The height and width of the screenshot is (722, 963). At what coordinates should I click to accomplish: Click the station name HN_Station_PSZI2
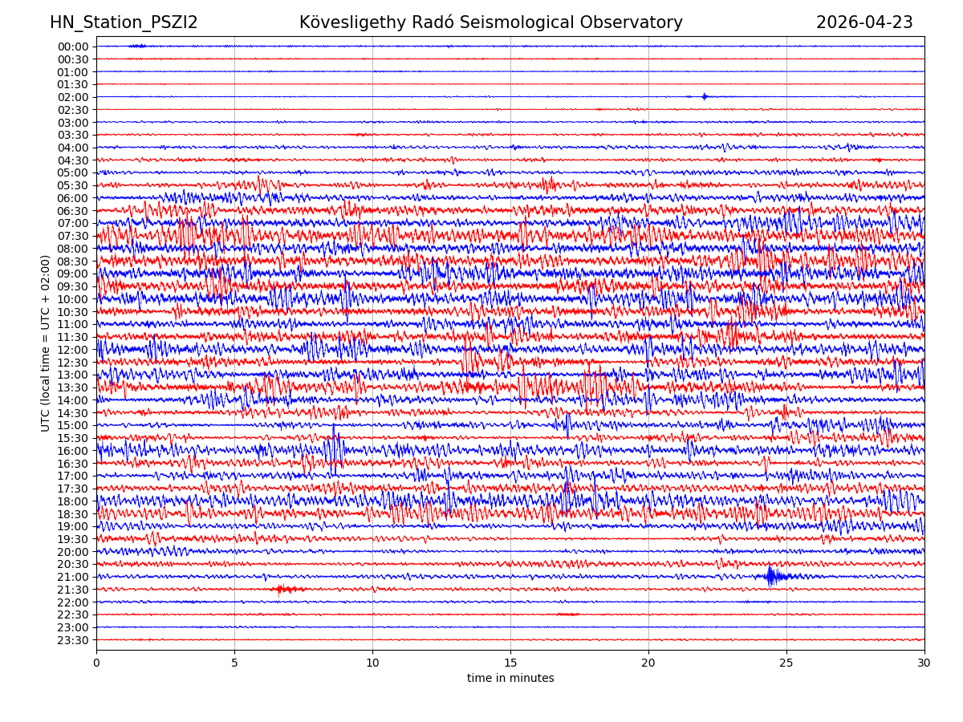(x=124, y=22)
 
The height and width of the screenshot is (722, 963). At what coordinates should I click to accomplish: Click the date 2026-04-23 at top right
(x=864, y=22)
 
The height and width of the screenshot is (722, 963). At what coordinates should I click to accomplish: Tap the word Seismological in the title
(x=512, y=22)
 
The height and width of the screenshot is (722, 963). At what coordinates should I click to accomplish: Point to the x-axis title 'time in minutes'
(x=510, y=678)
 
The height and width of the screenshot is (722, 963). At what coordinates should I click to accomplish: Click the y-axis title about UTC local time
(x=46, y=343)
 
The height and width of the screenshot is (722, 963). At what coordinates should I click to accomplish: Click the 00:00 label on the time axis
(x=73, y=47)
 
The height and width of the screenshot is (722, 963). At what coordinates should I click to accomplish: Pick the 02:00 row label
(x=73, y=97)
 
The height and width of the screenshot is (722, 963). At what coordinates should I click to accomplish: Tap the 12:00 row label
(x=73, y=350)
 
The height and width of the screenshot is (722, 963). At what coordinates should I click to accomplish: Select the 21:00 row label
(x=73, y=577)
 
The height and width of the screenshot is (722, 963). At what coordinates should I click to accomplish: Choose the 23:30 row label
(x=73, y=640)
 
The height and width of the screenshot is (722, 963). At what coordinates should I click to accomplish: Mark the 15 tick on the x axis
(x=510, y=663)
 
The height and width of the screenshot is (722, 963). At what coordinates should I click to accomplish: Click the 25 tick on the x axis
(x=786, y=663)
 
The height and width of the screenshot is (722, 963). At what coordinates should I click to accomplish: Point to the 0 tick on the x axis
(x=96, y=663)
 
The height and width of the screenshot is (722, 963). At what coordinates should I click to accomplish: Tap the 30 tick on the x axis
(x=924, y=663)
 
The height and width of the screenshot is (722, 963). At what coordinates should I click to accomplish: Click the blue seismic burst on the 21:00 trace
(x=772, y=576)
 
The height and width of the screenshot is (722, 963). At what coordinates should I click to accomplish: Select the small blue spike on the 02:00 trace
(x=705, y=96)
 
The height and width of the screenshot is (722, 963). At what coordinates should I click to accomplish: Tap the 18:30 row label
(x=73, y=514)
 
